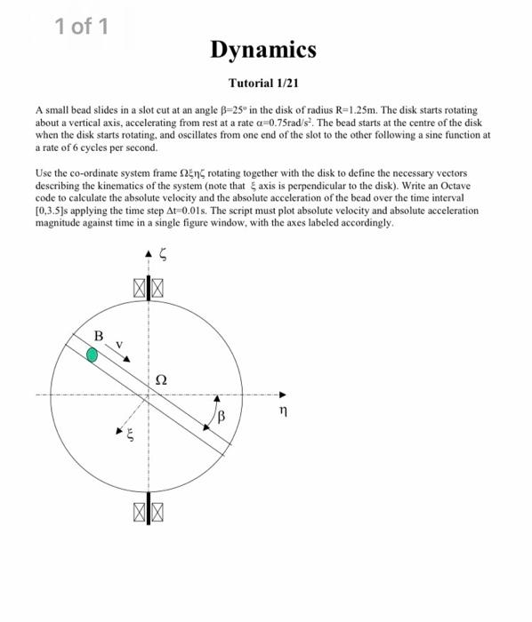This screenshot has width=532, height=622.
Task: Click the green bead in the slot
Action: click(93, 355)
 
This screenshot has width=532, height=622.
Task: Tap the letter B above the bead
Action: click(100, 335)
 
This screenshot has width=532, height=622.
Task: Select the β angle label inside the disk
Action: click(222, 415)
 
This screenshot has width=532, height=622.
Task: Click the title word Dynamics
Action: click(263, 51)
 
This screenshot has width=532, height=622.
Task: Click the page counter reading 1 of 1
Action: click(82, 27)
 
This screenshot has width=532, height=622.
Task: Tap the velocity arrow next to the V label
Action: click(130, 354)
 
